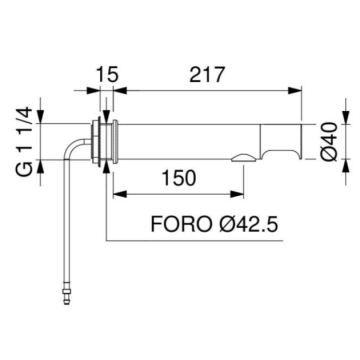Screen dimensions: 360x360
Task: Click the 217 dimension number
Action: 206,75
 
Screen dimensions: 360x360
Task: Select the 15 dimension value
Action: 107,75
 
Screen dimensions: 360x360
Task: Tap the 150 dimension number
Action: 178,178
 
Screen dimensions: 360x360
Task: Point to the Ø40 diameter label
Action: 330,142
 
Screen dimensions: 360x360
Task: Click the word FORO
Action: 181,224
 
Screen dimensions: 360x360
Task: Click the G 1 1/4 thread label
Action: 24,142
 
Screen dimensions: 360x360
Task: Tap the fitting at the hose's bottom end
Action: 67,293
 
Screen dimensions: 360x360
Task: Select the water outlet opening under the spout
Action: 244,157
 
